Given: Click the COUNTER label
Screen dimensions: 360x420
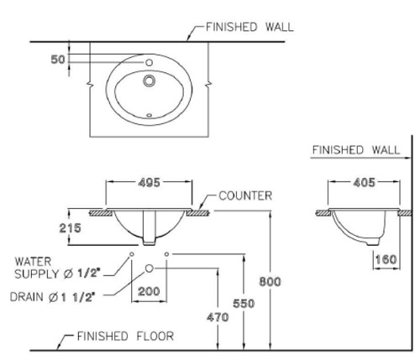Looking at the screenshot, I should (245, 196).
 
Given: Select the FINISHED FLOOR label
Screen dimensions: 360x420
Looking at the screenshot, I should (124, 337).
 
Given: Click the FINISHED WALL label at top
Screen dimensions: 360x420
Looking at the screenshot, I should (249, 26).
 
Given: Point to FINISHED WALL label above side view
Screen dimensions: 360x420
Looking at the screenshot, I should (356, 150).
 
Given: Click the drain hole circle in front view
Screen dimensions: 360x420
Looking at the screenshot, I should (150, 269).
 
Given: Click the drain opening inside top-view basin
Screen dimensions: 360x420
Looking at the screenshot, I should (150, 81).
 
